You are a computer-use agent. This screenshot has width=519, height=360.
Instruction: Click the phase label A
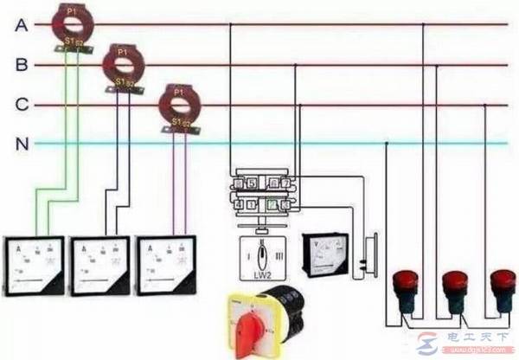click(x=22, y=25)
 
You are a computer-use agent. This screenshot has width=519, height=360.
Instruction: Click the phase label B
click(x=22, y=65)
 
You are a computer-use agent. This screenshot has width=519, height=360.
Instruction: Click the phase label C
click(x=22, y=105)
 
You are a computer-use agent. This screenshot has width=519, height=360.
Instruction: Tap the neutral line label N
click(x=22, y=144)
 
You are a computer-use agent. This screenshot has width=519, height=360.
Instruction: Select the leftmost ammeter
click(x=34, y=266)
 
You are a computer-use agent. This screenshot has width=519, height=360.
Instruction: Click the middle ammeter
click(x=99, y=266)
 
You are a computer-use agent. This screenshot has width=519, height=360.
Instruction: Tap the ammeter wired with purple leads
click(x=165, y=264)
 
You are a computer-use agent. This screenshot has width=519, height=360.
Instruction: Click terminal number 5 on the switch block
click(x=251, y=183)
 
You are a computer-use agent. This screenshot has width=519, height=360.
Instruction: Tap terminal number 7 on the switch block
click(x=285, y=183)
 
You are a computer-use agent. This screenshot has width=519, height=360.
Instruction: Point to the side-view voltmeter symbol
click(x=369, y=257)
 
